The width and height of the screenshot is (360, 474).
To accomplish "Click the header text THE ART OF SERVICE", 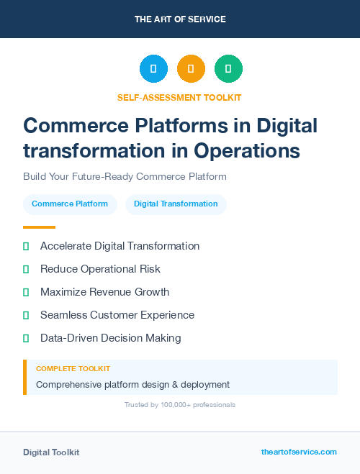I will click(x=180, y=19).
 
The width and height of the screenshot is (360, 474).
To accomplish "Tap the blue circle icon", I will click(x=153, y=69).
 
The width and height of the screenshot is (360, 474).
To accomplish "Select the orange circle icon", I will click(x=191, y=69).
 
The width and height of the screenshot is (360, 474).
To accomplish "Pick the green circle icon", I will click(x=228, y=69).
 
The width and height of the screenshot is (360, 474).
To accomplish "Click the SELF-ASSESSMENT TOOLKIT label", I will click(x=179, y=97).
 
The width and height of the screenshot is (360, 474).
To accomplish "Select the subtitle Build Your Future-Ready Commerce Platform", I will click(x=125, y=176).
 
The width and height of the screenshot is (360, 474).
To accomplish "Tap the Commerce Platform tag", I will click(x=70, y=204).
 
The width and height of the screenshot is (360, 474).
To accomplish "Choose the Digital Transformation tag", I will click(x=176, y=204).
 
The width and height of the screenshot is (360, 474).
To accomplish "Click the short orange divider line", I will click(x=39, y=227).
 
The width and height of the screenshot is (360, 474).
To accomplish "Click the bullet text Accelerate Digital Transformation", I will click(x=120, y=246).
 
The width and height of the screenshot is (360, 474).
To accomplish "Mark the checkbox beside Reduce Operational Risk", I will click(x=26, y=269).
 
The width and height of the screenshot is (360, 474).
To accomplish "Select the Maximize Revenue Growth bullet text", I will click(x=104, y=292).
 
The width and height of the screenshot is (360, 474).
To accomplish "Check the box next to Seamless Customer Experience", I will click(x=26, y=315).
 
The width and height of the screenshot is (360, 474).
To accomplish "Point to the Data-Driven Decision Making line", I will click(x=110, y=338).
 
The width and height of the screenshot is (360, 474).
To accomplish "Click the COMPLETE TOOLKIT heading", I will click(x=73, y=368).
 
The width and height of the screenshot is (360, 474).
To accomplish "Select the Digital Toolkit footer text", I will click(x=51, y=452).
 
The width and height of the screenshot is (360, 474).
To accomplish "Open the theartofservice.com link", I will click(x=299, y=452).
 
